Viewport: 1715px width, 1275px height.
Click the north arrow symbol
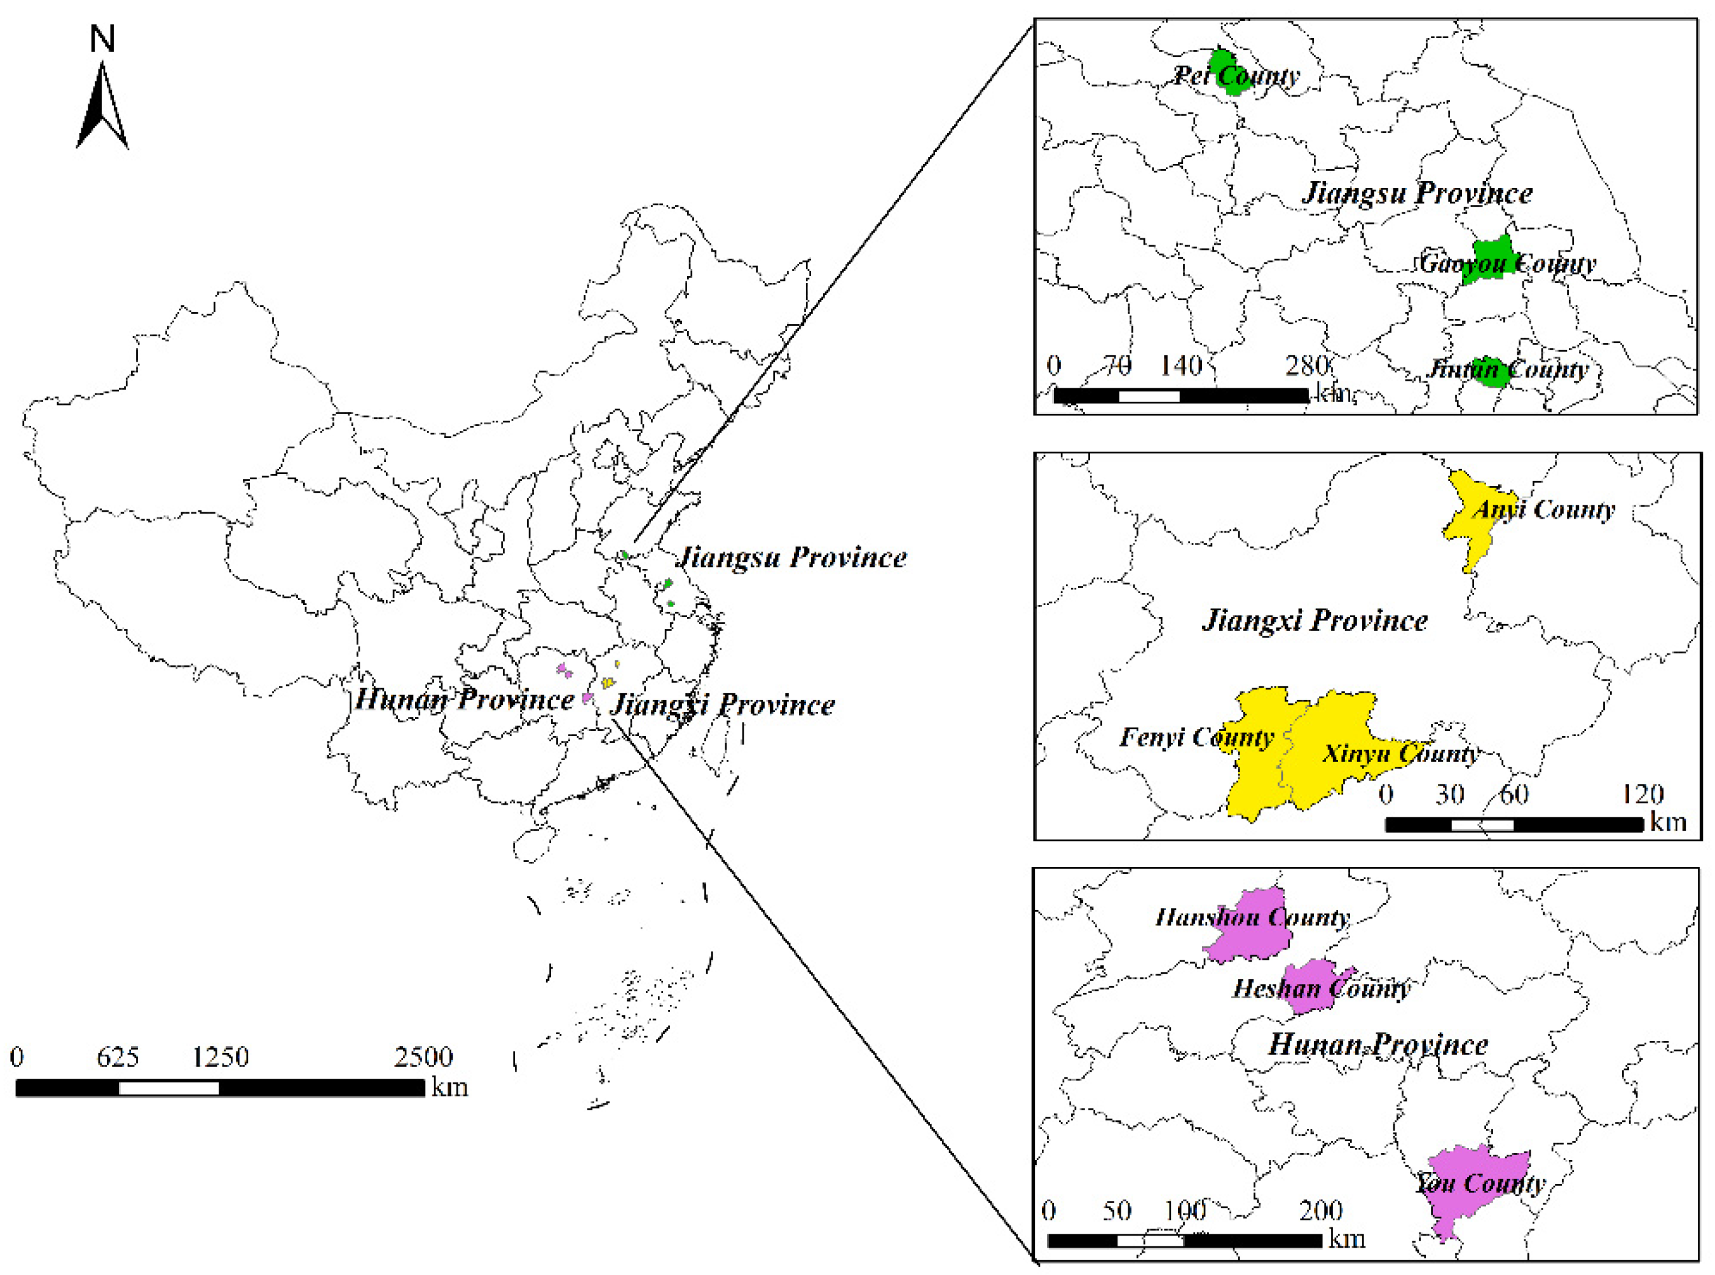click(x=102, y=108)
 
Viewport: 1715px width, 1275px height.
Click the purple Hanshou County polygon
click(x=1250, y=926)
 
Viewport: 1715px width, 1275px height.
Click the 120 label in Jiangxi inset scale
click(x=1643, y=794)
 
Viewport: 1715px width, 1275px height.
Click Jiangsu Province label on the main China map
click(x=792, y=557)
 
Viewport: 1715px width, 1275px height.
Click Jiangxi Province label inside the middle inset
click(x=1315, y=620)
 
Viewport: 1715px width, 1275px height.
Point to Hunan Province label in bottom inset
click(x=1377, y=1045)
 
